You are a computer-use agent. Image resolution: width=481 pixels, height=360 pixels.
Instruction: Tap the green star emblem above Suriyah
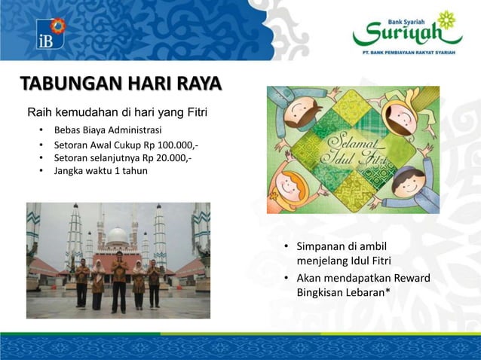(x=447, y=20)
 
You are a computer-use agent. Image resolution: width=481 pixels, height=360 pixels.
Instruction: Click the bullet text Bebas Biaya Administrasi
(x=107, y=130)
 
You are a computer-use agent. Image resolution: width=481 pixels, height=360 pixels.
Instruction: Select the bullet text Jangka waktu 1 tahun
(x=100, y=171)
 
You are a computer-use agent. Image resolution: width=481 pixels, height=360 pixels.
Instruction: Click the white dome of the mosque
(x=117, y=236)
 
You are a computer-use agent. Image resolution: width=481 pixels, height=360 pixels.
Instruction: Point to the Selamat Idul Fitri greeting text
(x=353, y=149)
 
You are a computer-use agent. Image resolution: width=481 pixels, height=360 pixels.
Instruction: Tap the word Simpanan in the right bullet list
(x=322, y=247)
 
